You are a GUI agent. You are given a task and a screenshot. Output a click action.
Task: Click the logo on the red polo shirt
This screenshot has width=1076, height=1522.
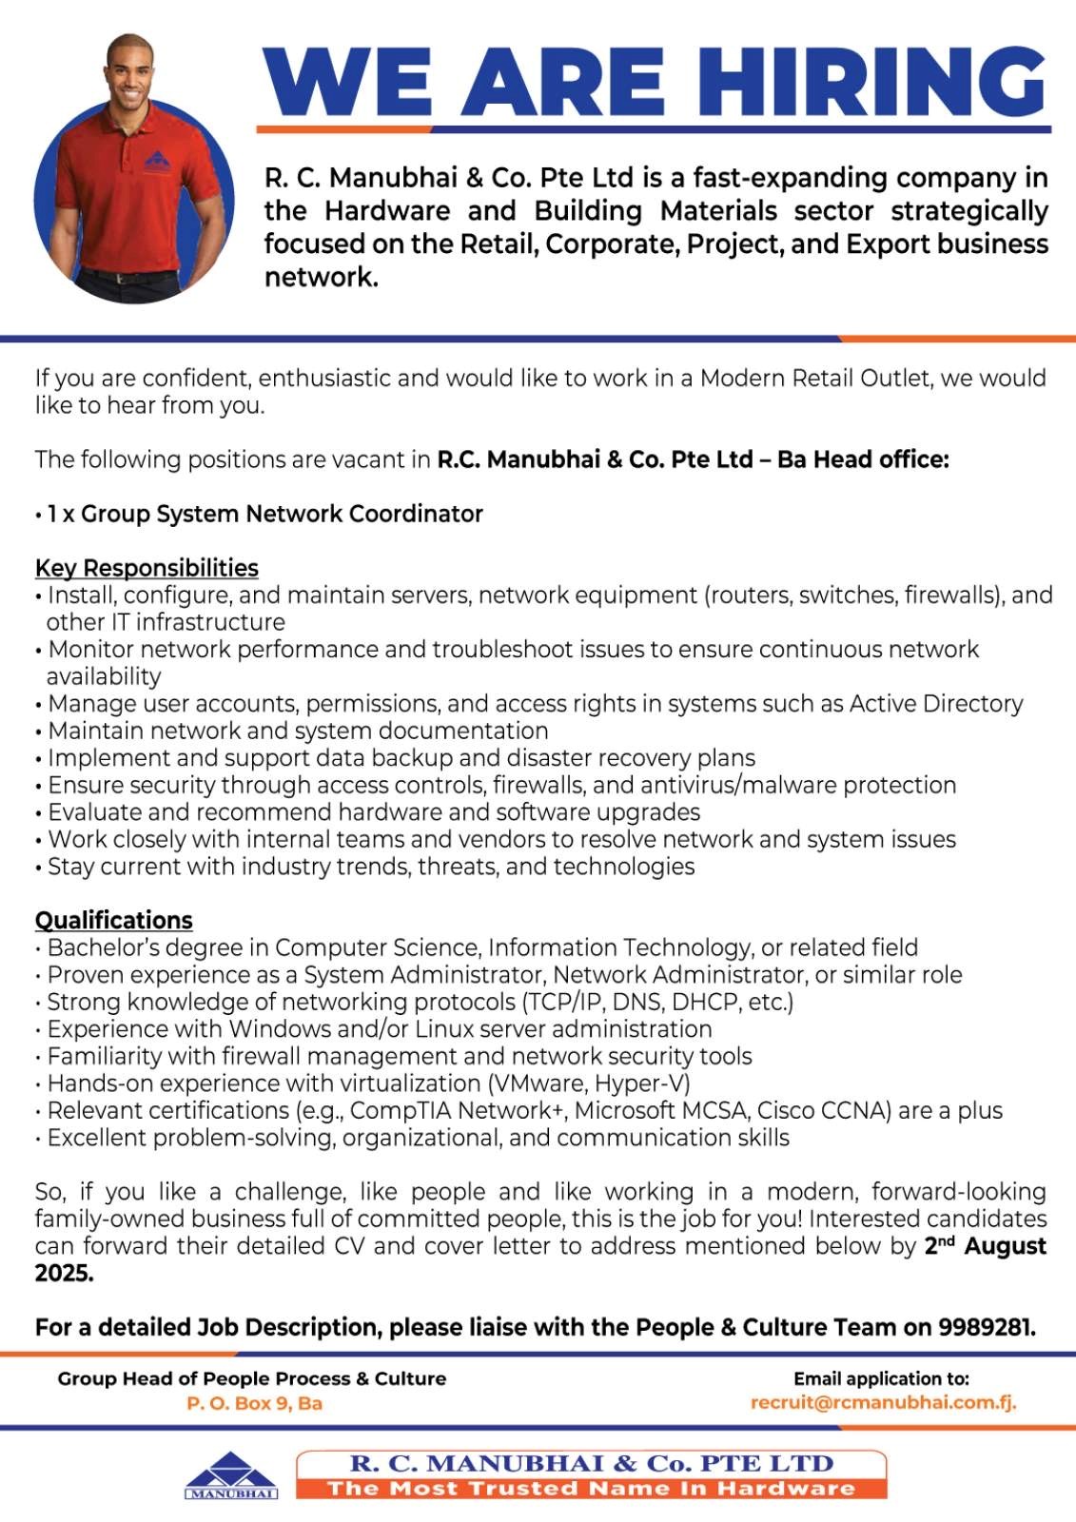click(158, 162)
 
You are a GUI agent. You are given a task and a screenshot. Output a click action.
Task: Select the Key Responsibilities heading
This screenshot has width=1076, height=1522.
click(147, 568)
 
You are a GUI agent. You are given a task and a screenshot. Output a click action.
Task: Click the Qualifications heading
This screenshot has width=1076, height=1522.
click(113, 920)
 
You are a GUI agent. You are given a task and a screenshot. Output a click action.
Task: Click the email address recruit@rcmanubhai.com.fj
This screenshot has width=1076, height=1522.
click(883, 1402)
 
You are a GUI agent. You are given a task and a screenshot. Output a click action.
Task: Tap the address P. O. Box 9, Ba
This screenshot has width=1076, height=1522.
click(254, 1403)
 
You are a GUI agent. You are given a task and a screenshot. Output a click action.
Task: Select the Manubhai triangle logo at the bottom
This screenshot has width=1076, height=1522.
click(231, 1474)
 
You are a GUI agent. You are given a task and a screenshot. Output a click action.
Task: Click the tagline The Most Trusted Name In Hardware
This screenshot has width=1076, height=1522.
click(591, 1488)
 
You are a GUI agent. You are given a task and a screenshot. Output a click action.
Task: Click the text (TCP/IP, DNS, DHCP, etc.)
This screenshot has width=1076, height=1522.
click(657, 1002)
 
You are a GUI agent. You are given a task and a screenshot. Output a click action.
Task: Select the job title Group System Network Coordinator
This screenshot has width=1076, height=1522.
click(282, 514)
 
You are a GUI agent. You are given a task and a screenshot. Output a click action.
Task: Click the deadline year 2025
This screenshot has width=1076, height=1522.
click(64, 1273)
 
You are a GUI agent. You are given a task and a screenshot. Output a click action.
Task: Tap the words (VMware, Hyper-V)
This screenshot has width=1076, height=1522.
click(589, 1083)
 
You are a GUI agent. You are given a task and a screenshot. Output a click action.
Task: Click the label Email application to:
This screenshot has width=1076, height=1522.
click(881, 1378)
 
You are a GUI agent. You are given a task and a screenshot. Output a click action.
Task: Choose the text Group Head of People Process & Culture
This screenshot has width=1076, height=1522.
click(251, 1378)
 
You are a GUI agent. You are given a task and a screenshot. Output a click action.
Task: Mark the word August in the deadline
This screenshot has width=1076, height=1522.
click(1005, 1246)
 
